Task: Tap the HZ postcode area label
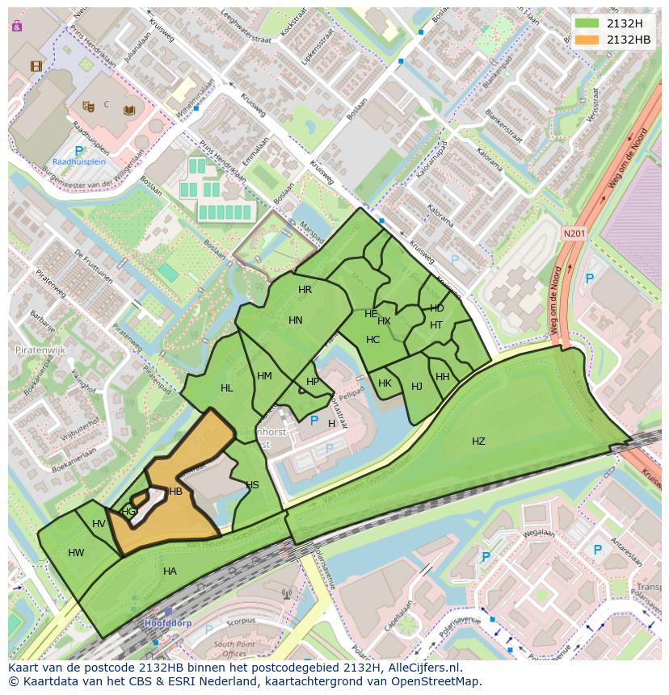(x=478, y=442)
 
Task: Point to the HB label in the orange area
(x=175, y=492)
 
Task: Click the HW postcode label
(x=76, y=553)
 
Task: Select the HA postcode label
(x=170, y=571)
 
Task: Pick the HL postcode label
(x=226, y=388)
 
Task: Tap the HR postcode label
(x=305, y=290)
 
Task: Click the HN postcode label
(x=295, y=320)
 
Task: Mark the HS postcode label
(x=252, y=485)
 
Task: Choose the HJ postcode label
(x=416, y=387)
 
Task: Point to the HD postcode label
(x=436, y=308)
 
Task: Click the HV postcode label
(x=99, y=524)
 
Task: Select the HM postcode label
(x=264, y=376)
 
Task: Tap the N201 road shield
(x=573, y=233)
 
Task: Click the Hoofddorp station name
(x=166, y=624)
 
